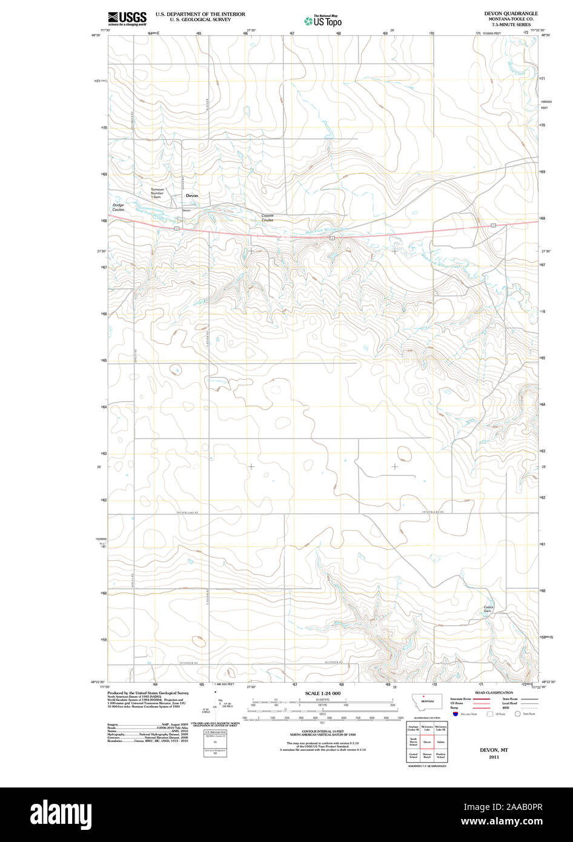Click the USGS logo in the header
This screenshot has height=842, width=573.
127,18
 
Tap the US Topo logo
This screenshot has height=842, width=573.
323,21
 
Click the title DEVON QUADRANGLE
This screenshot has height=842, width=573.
511,13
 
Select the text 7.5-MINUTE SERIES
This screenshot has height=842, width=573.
511,24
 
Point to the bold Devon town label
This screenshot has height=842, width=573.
191,196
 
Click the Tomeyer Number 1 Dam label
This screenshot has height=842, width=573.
157,193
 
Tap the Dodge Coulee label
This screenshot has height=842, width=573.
118,207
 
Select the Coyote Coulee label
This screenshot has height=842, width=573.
267,217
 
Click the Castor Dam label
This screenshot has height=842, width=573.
488,609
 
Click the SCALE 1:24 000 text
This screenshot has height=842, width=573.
323,693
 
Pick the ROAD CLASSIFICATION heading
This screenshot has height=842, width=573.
494,692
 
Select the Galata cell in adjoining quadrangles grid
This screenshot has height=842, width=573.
440,741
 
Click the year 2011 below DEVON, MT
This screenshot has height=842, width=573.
494,757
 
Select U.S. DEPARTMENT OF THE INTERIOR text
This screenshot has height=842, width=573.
200,13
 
